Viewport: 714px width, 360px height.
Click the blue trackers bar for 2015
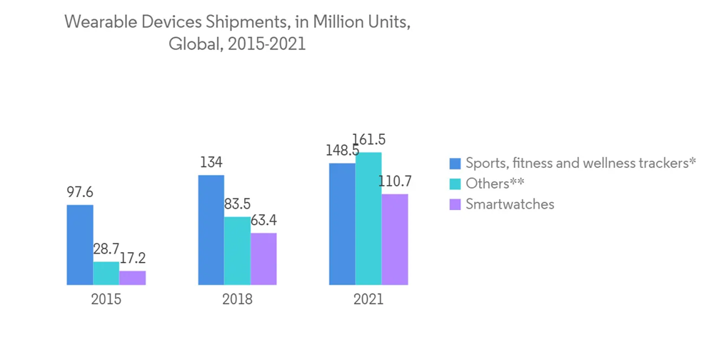(80, 245)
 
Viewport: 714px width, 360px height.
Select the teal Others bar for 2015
(106, 274)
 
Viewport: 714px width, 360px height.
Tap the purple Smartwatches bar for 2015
(132, 278)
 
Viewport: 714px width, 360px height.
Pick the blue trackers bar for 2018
(211, 230)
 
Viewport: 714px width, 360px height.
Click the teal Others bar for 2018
(237, 251)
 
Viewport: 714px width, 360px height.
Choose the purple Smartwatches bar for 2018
(263, 259)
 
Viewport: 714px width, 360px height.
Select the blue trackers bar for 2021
(342, 224)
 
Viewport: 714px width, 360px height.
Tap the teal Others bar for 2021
(368, 219)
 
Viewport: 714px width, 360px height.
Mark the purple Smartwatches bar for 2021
(395, 239)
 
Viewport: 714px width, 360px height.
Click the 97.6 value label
(79, 192)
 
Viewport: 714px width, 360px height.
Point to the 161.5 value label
(371, 140)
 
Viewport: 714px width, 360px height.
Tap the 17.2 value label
(132, 259)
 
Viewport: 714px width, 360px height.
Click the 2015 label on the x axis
(106, 299)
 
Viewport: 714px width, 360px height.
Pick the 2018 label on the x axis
(237, 299)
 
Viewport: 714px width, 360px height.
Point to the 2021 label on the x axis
(368, 299)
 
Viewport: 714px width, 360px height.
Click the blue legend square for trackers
(455, 164)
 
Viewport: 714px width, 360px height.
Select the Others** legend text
(495, 184)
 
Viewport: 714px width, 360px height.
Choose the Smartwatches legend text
(510, 204)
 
